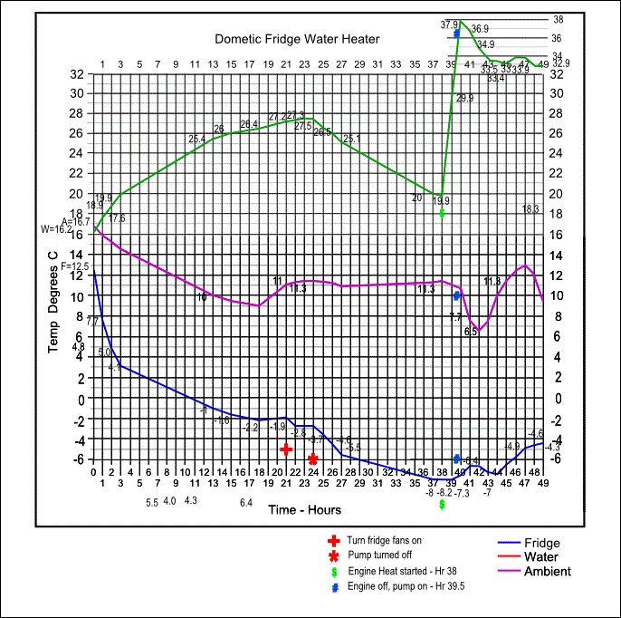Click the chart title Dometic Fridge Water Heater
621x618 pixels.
click(x=297, y=39)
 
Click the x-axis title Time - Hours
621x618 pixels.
click(x=304, y=510)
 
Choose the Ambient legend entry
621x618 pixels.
click(x=548, y=571)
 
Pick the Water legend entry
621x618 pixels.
click(x=541, y=557)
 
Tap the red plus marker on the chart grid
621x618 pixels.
click(x=286, y=449)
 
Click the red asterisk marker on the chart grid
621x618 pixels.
click(x=313, y=459)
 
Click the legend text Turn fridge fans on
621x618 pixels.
click(x=385, y=540)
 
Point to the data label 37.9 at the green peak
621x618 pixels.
click(x=449, y=24)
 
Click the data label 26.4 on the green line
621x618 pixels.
click(x=249, y=124)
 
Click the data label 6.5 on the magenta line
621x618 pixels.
click(x=471, y=332)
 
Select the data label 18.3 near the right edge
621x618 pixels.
click(x=530, y=209)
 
